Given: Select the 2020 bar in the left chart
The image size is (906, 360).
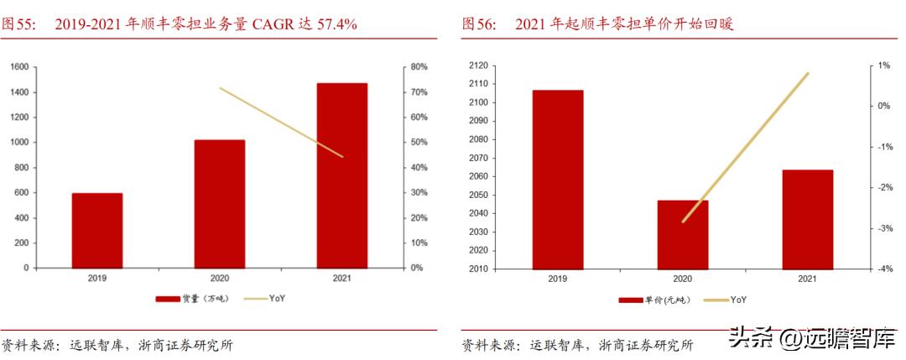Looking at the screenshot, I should (219, 203).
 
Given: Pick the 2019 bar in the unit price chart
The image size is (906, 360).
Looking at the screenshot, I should (557, 180).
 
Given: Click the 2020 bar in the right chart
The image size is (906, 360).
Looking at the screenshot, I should (682, 235).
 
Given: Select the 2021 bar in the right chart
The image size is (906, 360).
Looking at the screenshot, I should (807, 220).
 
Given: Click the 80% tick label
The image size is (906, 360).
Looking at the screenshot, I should (419, 66).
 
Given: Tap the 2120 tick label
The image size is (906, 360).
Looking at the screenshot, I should (479, 65).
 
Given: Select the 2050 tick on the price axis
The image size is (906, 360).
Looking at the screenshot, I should (479, 195).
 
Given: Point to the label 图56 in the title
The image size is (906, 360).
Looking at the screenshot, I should (477, 24).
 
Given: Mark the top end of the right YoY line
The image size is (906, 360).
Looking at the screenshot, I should (808, 74).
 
